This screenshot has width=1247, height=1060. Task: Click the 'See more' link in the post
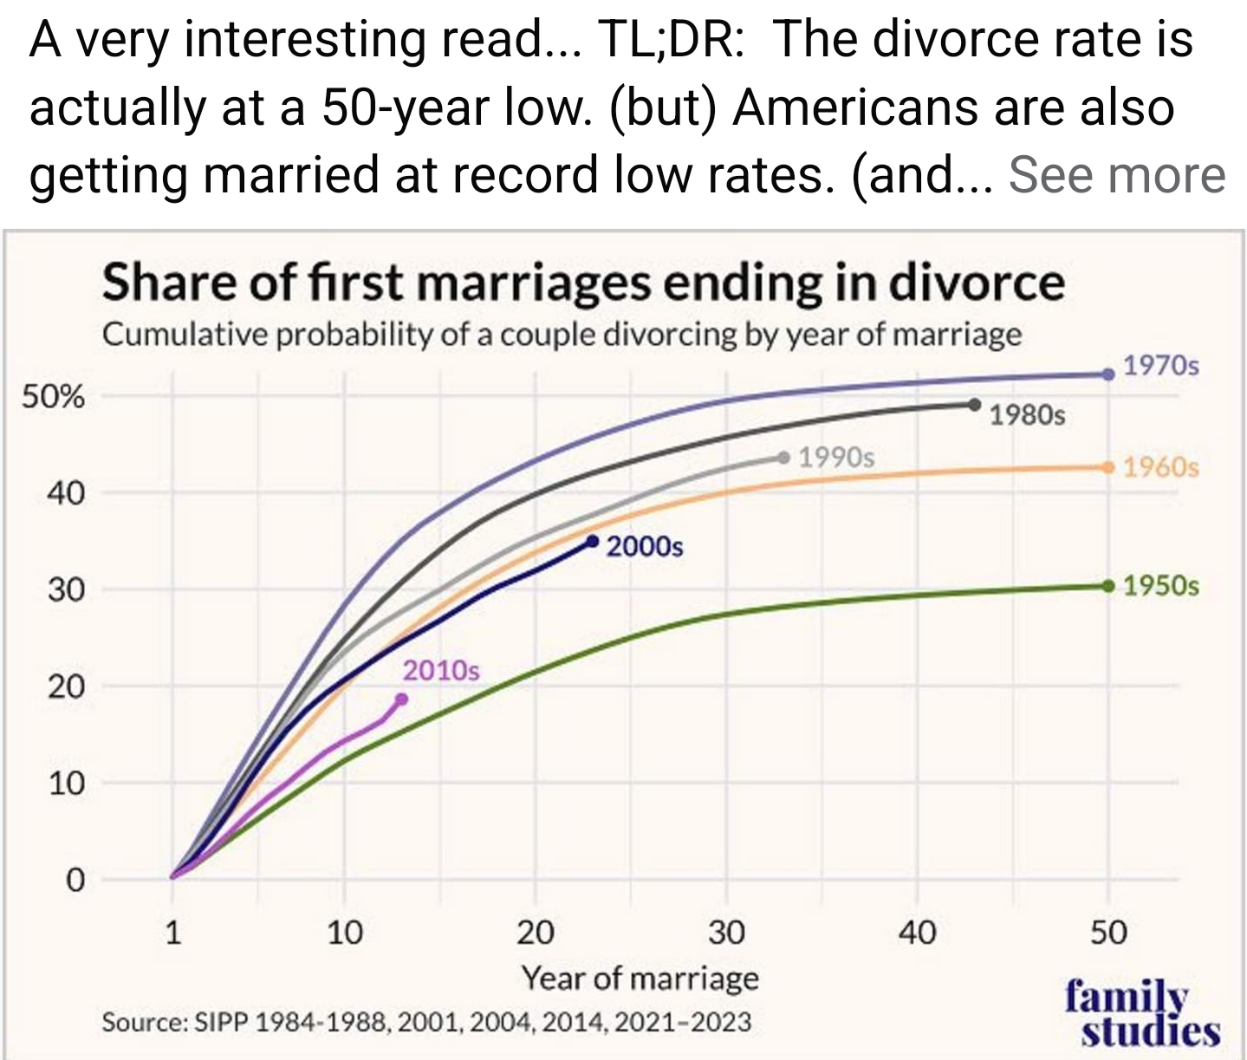[1117, 175]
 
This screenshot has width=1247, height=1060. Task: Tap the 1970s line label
[1161, 366]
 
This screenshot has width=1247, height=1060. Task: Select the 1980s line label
[1027, 415]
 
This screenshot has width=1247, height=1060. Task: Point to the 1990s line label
[836, 457]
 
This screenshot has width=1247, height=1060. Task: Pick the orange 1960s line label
[1161, 468]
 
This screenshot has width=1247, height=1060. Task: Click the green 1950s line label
[1161, 587]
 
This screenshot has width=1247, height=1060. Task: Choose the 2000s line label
[645, 547]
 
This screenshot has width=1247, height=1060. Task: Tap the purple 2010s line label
[440, 671]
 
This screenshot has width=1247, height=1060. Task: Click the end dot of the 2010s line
[401, 699]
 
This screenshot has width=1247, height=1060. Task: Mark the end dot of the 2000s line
[593, 541]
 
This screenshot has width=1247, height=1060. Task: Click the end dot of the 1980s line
[975, 404]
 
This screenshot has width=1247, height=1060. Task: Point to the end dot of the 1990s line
[784, 457]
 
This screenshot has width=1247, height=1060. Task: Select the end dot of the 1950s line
[1108, 586]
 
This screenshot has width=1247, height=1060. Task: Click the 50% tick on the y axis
[54, 398]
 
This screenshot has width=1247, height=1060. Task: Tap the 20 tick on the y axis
[66, 687]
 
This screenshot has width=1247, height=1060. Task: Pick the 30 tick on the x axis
[726, 933]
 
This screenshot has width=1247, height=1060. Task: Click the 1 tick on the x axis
[173, 933]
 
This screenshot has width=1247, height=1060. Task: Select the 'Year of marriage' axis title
[640, 979]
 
